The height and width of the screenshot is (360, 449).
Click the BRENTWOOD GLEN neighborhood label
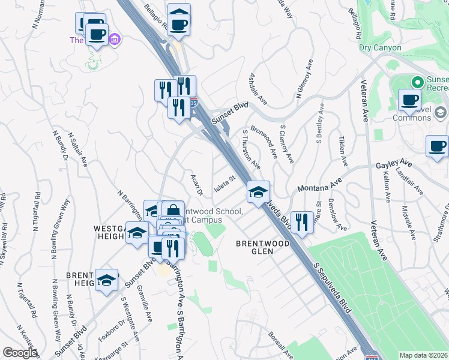tap(262, 247)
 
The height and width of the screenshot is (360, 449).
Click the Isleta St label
tap(223, 178)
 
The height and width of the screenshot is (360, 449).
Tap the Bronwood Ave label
tap(265, 142)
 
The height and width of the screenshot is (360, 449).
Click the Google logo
tap(19, 353)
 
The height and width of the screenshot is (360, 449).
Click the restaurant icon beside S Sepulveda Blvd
tap(301, 222)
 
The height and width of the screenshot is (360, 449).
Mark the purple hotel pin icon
tap(115, 40)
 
